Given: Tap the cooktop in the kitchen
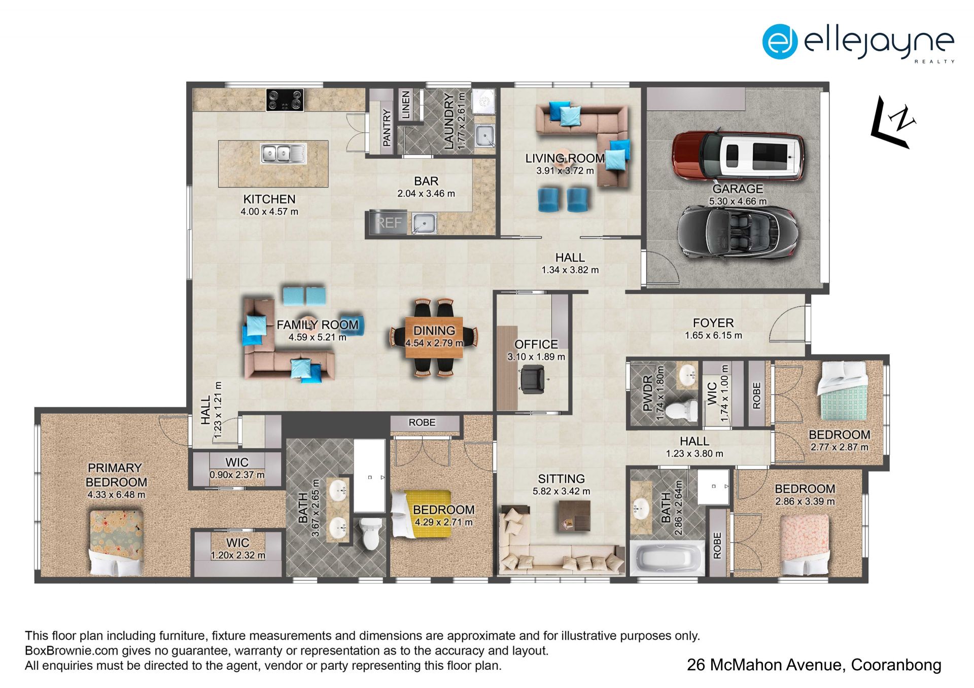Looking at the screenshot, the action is click(285, 100).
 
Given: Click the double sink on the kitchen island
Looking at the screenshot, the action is click(283, 153).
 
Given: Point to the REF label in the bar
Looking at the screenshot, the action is click(389, 223).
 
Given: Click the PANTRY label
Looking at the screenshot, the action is click(387, 128).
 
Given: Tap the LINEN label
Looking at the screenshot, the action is click(406, 105).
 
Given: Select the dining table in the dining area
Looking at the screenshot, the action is click(434, 337).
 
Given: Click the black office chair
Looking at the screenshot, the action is click(533, 380).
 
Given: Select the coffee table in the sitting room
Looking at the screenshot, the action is click(575, 516).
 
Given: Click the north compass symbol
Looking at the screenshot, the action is click(894, 122).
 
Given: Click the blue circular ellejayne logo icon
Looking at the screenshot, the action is click(780, 41).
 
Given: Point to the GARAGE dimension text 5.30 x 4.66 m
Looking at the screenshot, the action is click(738, 201).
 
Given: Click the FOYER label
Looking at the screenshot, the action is click(713, 323).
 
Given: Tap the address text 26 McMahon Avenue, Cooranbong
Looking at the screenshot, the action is click(814, 665).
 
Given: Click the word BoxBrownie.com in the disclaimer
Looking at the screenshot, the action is click(72, 650).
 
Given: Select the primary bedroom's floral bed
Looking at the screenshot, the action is click(116, 542).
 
